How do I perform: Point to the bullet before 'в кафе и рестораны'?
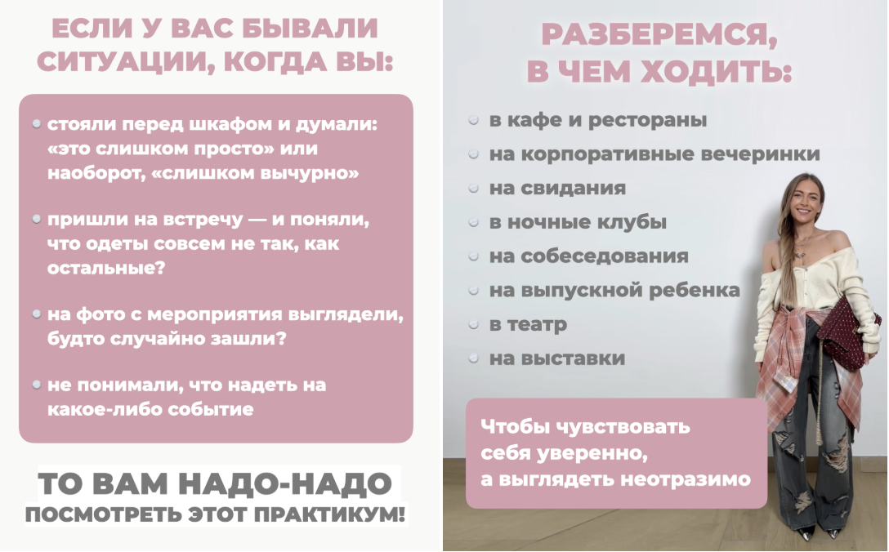pyautogui.click(x=474, y=120)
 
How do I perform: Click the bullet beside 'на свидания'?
pyautogui.click(x=474, y=188)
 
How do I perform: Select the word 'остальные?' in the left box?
pyautogui.click(x=106, y=268)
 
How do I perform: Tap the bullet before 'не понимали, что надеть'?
pyautogui.click(x=37, y=385)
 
